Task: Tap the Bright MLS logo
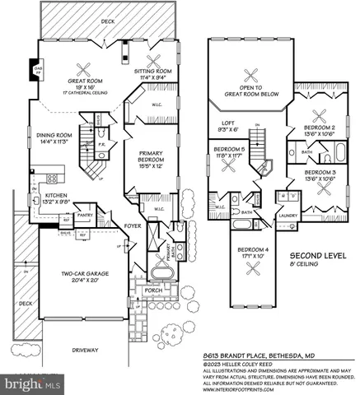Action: [x=33, y=383]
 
